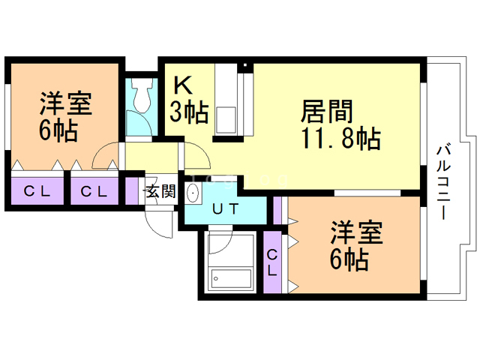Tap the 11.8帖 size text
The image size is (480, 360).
340,139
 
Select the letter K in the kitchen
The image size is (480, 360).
184,85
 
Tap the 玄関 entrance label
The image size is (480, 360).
160,191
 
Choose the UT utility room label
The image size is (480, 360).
225,209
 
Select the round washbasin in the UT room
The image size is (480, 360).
193,194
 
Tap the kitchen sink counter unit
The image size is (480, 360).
226,101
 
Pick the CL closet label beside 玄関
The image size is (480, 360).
94,191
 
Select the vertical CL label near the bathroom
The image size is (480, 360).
272,262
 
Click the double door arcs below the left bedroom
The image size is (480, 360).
105,155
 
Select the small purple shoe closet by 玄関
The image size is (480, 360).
132,190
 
